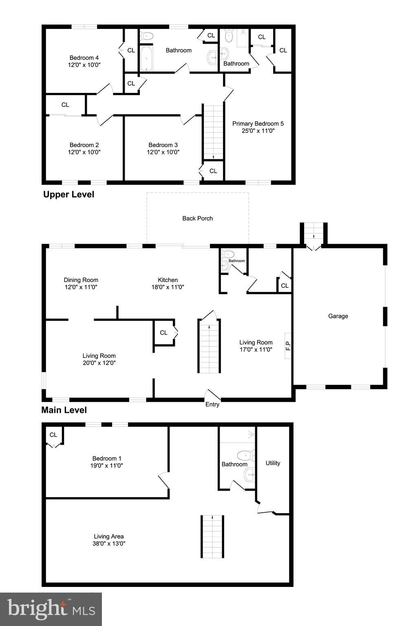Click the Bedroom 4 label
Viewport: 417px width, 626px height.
(84, 58)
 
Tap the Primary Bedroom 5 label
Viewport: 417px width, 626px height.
(258, 124)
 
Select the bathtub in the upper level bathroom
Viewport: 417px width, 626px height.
(146, 58)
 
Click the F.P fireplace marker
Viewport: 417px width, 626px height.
(288, 346)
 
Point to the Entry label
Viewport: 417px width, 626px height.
(212, 404)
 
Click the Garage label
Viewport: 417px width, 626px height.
(338, 316)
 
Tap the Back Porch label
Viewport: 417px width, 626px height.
(197, 218)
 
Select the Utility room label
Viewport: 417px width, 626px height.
(273, 463)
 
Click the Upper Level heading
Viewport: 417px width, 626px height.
(68, 194)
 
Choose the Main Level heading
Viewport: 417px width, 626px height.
(64, 410)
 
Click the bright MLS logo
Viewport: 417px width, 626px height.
(51, 609)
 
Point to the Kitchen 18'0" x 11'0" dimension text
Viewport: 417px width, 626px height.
(168, 287)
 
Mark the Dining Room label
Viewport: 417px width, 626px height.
(81, 280)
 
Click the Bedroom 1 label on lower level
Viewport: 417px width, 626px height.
(107, 458)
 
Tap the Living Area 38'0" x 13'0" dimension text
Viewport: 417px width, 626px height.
(109, 544)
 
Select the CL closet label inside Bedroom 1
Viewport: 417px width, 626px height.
(53, 435)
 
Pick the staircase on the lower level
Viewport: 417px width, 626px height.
(212, 536)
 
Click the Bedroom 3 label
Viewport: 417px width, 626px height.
(163, 145)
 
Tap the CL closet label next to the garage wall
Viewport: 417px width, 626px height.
(285, 286)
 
